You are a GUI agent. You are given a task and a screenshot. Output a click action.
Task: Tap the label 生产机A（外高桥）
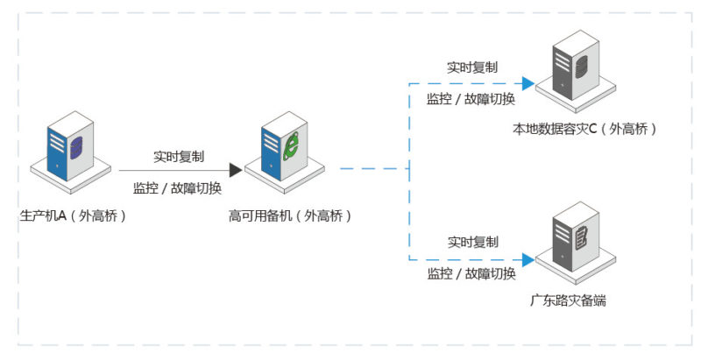(74, 215)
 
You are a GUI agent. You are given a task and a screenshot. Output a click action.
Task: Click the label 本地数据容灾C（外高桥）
(585, 129)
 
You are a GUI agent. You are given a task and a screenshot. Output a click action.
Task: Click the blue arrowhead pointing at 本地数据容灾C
(528, 84)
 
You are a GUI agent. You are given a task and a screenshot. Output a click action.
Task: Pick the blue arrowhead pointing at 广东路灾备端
(528, 259)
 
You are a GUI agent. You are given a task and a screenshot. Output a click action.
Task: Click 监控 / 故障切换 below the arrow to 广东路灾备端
(471, 274)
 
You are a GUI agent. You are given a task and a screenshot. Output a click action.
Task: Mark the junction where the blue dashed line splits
(409, 170)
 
